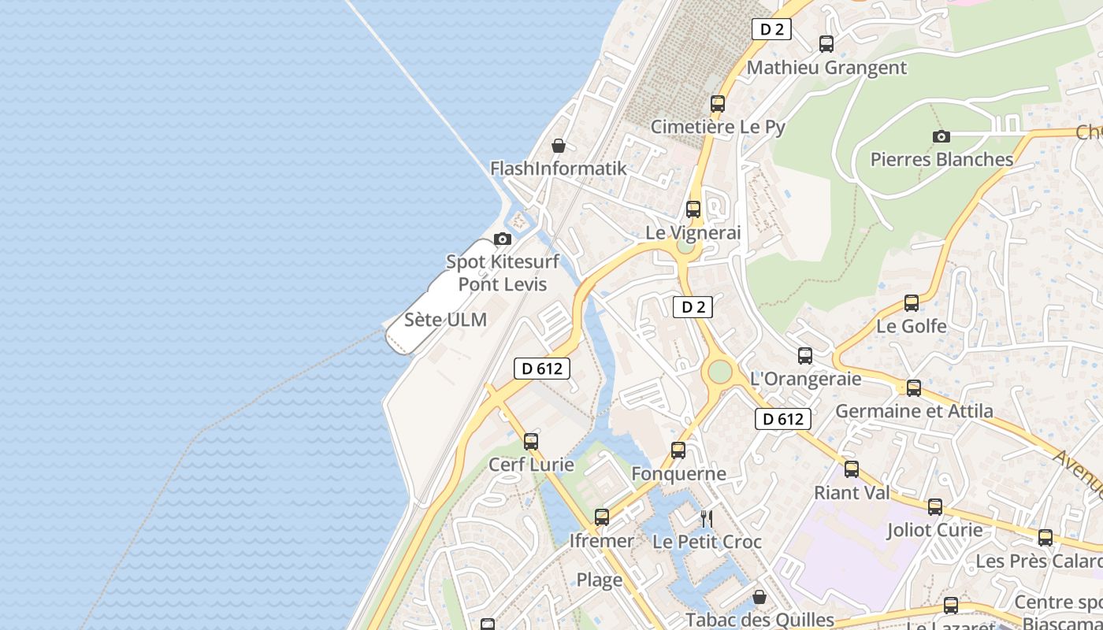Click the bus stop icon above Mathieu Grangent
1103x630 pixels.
pos(826,44)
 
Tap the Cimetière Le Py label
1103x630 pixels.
pos(718,127)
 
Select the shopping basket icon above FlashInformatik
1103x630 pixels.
pos(559,146)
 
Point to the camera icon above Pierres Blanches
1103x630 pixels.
pos(941,137)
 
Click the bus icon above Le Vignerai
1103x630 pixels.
pos(693,209)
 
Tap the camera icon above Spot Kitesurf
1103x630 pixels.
pos(502,239)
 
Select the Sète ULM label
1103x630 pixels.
pos(445,320)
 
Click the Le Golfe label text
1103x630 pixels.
pos(912,325)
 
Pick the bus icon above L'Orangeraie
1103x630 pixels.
pos(805,356)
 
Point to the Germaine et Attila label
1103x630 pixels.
pos(914,411)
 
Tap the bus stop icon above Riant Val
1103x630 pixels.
pos(852,469)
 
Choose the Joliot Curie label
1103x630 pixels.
pos(934,530)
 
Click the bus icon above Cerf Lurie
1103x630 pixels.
pos(531,442)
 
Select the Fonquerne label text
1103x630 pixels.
pos(678,473)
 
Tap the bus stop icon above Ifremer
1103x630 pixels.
pos(602,517)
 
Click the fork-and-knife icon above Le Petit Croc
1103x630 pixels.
pos(707,518)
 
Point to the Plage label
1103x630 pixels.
pos(600,580)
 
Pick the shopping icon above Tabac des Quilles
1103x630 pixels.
pos(759,597)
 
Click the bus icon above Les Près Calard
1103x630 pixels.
pos(1045,538)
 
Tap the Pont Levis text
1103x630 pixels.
pos(503,284)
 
